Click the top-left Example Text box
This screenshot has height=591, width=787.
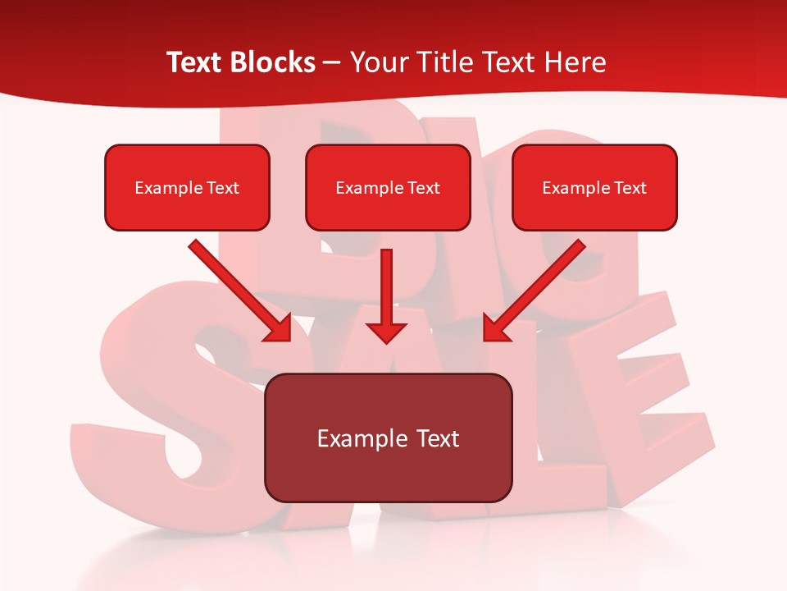point(187,187)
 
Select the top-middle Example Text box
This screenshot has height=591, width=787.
point(388,187)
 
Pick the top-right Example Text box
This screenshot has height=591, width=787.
point(594,187)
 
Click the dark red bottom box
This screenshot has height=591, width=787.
point(388,438)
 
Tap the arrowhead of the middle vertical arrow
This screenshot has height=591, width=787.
point(386,332)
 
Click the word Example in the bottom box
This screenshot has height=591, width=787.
point(353,438)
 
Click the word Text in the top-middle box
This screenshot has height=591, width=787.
point(423,188)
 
